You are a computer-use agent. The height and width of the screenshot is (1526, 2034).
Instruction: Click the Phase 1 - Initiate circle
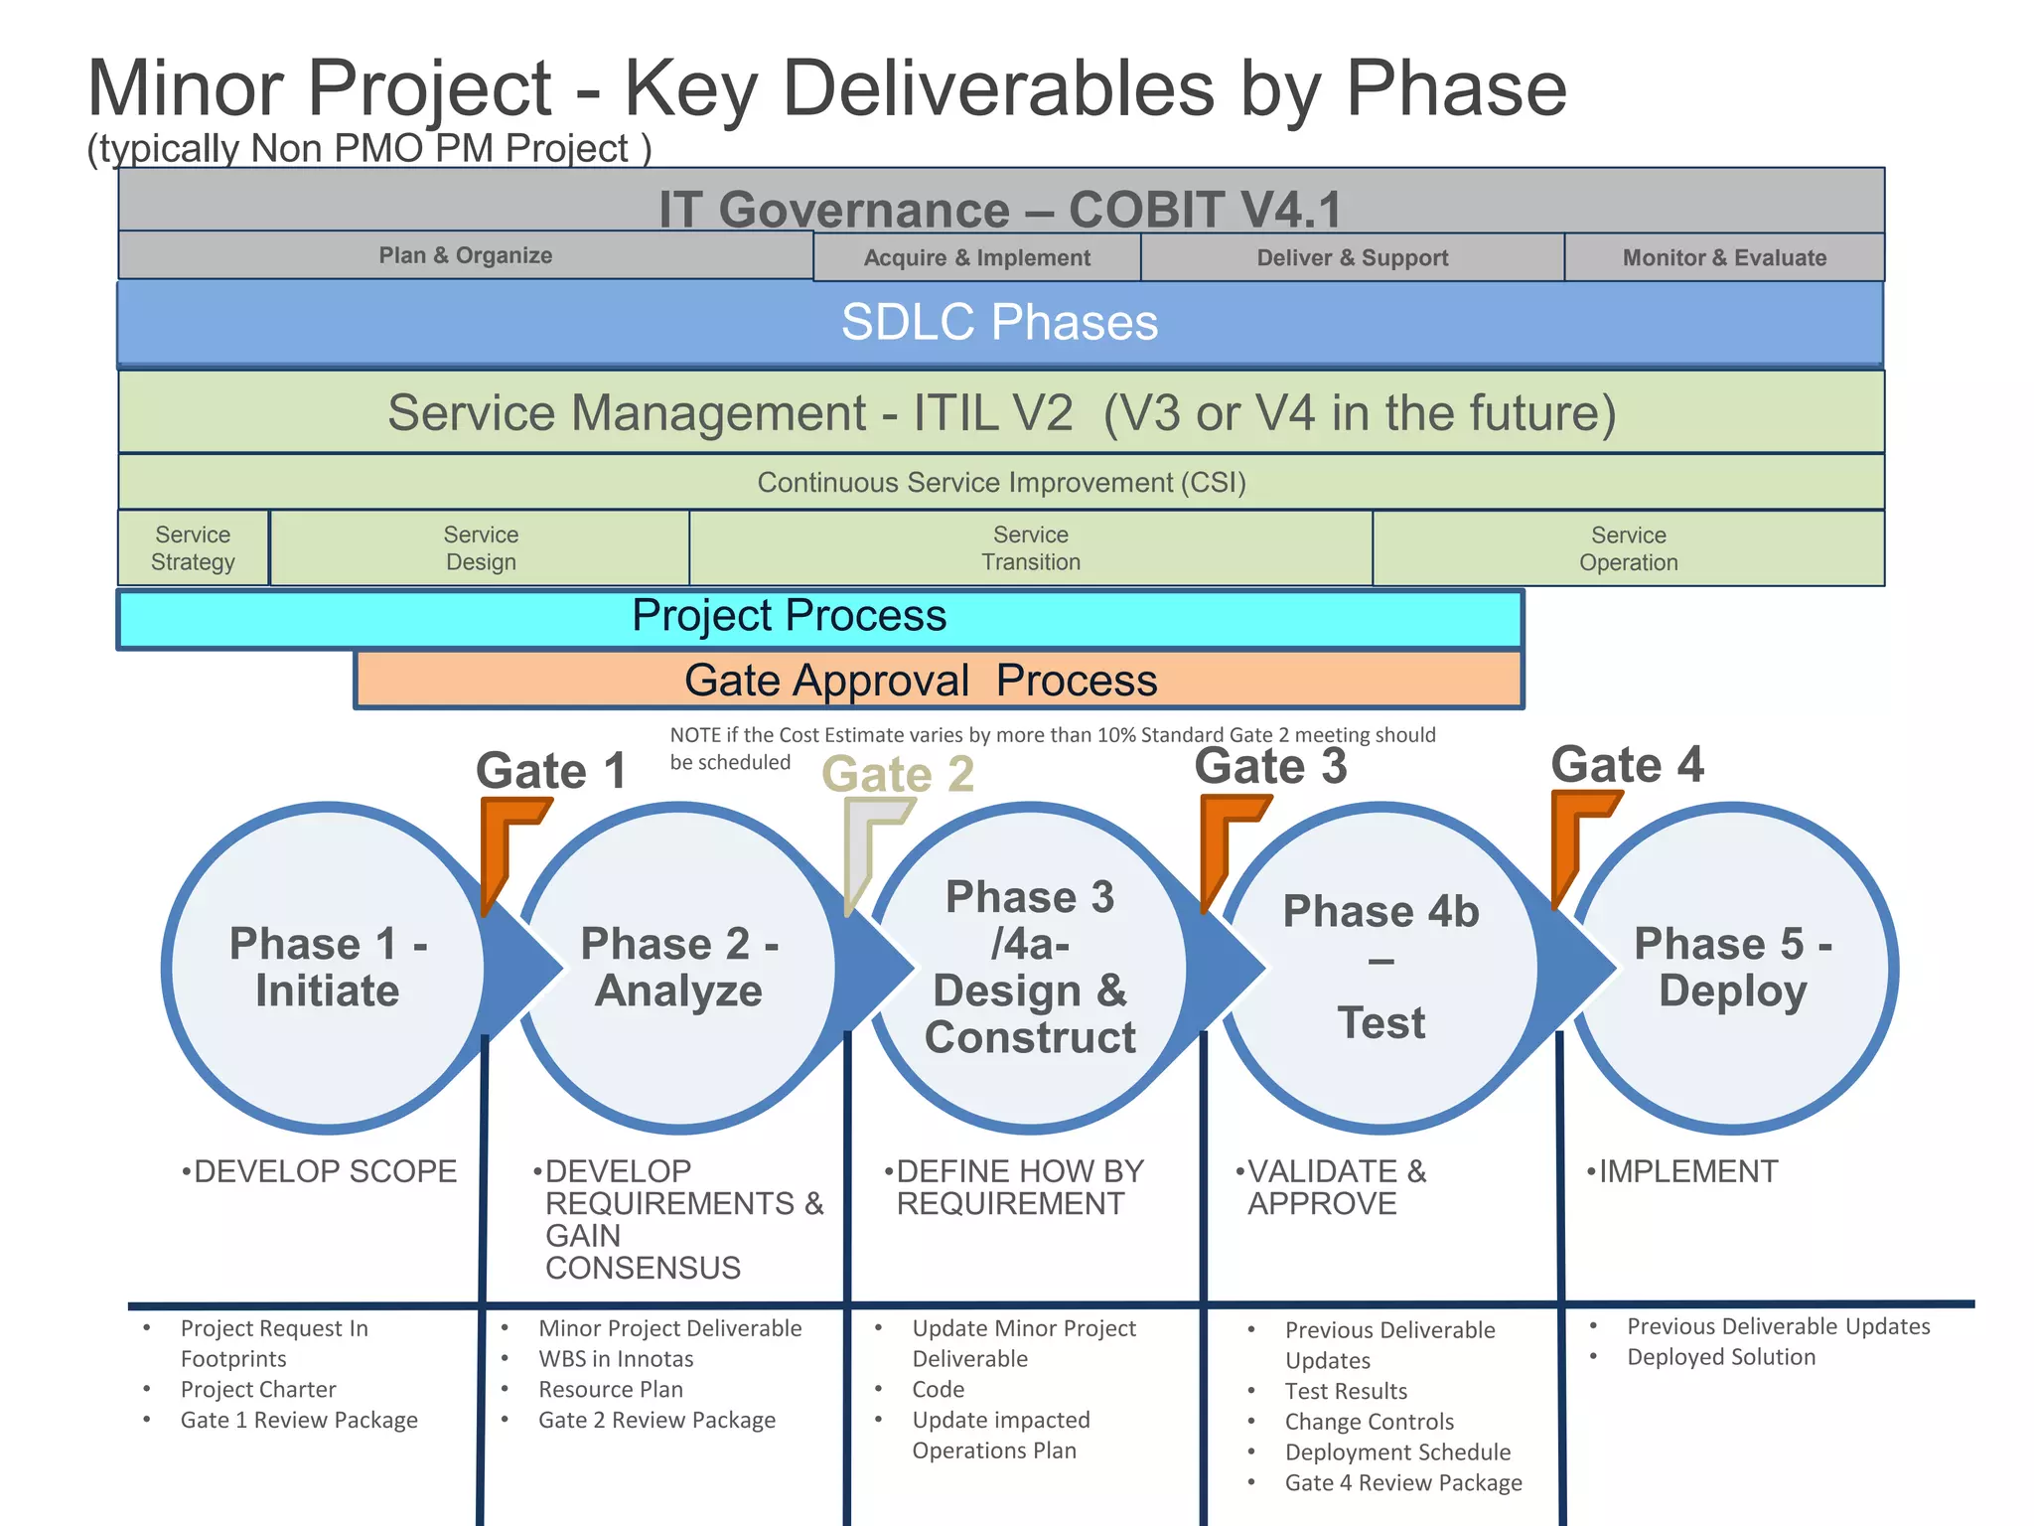[x=327, y=968]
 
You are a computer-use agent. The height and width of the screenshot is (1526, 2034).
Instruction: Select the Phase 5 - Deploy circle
[x=1733, y=968]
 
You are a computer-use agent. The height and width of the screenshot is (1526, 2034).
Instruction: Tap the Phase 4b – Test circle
[x=1380, y=968]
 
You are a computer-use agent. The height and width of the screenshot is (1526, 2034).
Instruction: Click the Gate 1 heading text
[x=551, y=771]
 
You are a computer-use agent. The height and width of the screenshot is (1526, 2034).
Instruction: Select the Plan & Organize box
[x=465, y=255]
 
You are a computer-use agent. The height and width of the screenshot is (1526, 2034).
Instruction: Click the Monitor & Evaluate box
[x=1724, y=257]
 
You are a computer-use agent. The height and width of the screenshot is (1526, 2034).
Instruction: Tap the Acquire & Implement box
[x=976, y=257]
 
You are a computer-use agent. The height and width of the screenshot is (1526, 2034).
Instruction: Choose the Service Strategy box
[x=193, y=548]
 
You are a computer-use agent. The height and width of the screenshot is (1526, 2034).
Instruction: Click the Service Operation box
[x=1628, y=548]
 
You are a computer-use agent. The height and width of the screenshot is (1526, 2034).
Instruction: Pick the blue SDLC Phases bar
[x=999, y=323]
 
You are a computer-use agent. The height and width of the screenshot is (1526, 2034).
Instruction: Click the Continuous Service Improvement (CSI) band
[x=1001, y=483]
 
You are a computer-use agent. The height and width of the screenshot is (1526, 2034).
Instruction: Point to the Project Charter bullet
[x=258, y=1389]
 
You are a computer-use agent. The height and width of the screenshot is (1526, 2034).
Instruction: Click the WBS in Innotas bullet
[x=616, y=1358]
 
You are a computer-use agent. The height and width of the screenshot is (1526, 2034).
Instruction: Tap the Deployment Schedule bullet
[x=1397, y=1451]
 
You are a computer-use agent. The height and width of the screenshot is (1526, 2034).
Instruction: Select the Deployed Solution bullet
[x=1720, y=1357]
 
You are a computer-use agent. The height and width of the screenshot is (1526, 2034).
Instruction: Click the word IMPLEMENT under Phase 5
[x=1687, y=1171]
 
